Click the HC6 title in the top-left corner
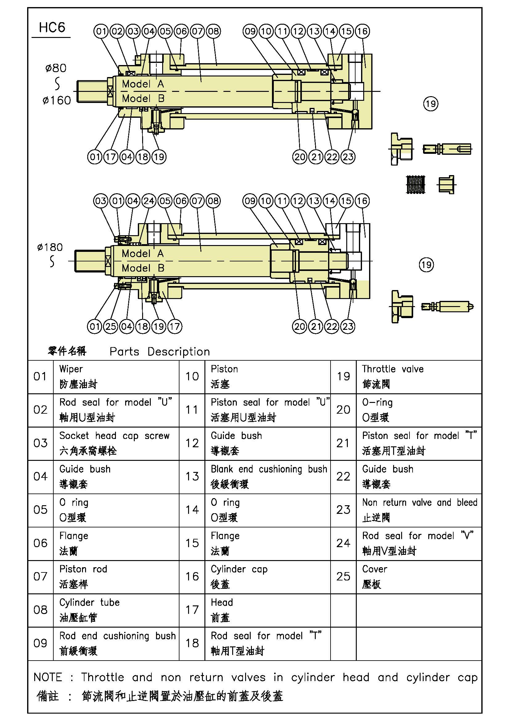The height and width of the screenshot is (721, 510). pyautogui.click(x=52, y=28)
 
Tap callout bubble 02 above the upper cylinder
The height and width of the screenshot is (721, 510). pyautogui.click(x=117, y=31)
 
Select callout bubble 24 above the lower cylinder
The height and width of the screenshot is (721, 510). pyautogui.click(x=149, y=201)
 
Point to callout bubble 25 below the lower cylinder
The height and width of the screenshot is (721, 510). pyautogui.click(x=111, y=326)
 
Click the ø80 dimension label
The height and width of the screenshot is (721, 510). pyautogui.click(x=56, y=68)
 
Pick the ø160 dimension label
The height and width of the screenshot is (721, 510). pyautogui.click(x=56, y=100)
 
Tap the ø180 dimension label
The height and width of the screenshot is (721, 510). pyautogui.click(x=50, y=248)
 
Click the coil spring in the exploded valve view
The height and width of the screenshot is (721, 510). pyautogui.click(x=415, y=184)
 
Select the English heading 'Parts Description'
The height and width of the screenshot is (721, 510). pyautogui.click(x=159, y=352)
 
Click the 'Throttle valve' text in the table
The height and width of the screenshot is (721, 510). pyautogui.click(x=393, y=369)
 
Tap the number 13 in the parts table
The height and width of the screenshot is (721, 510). pyautogui.click(x=192, y=477)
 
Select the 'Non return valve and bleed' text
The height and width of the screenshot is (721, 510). pyautogui.click(x=420, y=502)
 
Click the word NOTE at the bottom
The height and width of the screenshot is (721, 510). pyautogui.click(x=48, y=677)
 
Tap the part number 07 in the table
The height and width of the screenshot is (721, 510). pyautogui.click(x=40, y=577)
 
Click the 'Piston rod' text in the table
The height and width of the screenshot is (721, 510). pyautogui.click(x=83, y=569)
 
